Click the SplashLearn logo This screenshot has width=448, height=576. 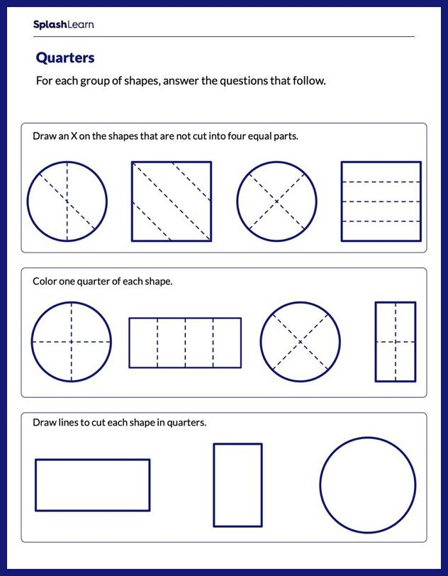point(63,25)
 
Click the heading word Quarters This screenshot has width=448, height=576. point(65,57)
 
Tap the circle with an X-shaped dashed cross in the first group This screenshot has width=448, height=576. point(276,201)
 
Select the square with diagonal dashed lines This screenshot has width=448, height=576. point(171,201)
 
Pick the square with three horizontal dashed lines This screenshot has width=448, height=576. point(376,201)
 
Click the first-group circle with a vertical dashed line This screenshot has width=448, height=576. point(67,201)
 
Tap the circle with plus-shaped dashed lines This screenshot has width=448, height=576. point(71,342)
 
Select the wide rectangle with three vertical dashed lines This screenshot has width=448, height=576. point(184,343)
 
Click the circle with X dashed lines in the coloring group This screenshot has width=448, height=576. point(300,342)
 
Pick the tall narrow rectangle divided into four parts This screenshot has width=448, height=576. point(395,342)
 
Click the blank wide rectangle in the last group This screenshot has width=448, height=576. point(92,485)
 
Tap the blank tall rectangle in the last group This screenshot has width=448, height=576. point(237,485)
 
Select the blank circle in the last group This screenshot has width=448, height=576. point(367,485)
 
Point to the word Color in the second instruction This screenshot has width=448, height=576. point(45,282)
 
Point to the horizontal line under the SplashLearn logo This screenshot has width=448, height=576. point(223,37)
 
